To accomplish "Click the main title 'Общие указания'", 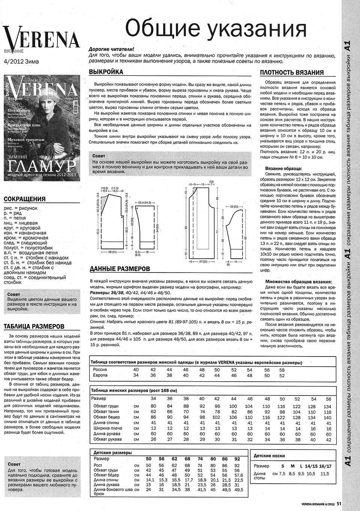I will (x=216, y=28).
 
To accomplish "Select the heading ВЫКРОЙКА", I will (x=106, y=72).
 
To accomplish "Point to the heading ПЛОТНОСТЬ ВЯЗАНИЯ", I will (x=292, y=73).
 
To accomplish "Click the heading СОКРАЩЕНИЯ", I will (x=24, y=199).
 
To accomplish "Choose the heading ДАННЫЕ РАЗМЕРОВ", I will (x=120, y=269).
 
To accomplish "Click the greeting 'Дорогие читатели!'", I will (x=111, y=49).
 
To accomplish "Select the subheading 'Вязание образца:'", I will (x=283, y=169).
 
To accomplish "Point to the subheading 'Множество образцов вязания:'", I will (x=298, y=282).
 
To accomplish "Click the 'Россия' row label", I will (x=100, y=370).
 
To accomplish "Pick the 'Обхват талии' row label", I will (x=106, y=412).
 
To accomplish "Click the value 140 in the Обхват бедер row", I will (x=327, y=417).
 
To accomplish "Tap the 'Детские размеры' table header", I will (x=112, y=453).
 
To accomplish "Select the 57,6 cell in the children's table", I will (x=238, y=475).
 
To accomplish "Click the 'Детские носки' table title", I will (x=269, y=456).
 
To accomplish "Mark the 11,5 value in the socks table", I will (x=325, y=474).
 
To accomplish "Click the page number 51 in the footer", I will (x=339, y=504).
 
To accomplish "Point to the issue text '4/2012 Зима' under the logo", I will (x=21, y=61).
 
